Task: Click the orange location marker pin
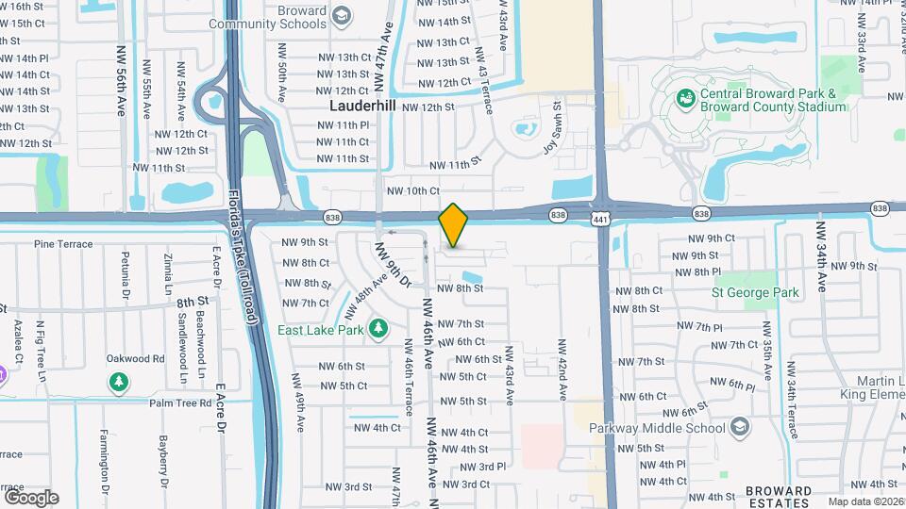pos(453,225)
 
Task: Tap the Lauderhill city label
pos(362,106)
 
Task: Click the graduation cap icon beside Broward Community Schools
pos(341,16)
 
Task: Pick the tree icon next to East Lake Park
pos(378,328)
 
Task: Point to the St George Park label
pos(755,292)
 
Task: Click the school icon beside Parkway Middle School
pos(741,428)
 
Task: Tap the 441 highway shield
pos(601,219)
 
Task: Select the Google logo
pos(31,497)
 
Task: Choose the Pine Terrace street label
pos(64,244)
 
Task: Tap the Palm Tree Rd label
pos(179,402)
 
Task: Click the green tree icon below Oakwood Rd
pos(119,382)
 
